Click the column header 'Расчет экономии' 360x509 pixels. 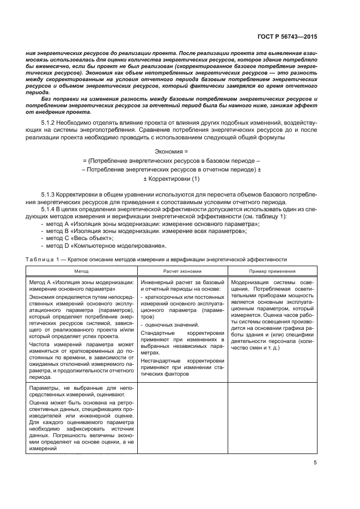[x=182, y=271]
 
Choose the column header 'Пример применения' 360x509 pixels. [x=272, y=271]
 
